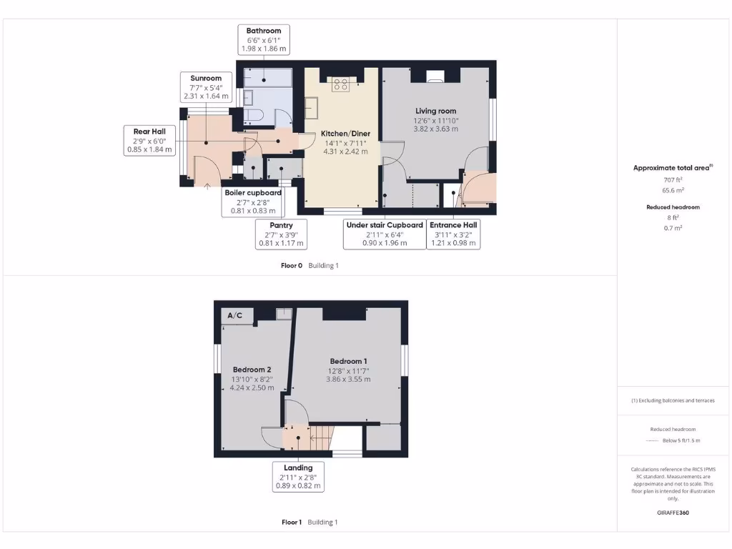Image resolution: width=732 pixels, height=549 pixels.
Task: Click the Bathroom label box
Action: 264,40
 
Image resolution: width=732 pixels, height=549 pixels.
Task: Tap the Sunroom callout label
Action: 206,86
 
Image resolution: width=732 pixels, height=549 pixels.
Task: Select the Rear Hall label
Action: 149,140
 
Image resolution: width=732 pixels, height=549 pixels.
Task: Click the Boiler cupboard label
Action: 253,202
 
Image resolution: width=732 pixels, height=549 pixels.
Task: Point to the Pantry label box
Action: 281,234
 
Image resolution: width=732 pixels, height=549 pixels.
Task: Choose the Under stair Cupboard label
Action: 385,234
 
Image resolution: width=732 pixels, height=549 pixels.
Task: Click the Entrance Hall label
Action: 454,234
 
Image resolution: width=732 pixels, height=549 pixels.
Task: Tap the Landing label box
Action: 299,477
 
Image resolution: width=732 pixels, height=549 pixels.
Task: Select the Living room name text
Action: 436,111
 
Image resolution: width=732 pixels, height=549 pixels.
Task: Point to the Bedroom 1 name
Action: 349,361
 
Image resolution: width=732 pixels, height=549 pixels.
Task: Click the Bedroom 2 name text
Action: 250,370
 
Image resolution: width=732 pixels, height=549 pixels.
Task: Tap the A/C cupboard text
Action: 234,315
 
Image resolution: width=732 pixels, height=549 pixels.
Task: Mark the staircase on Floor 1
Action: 322,435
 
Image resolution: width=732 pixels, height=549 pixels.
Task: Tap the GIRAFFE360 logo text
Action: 672,513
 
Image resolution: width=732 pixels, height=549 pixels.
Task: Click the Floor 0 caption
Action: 292,265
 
